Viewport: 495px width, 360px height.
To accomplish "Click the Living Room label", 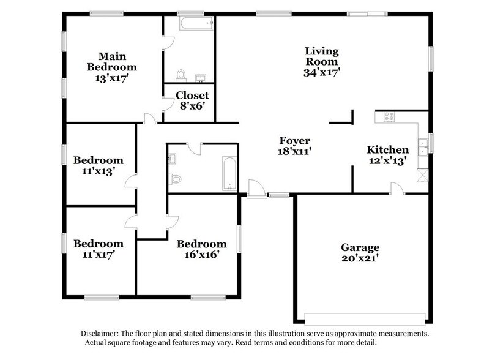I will pos(322,61).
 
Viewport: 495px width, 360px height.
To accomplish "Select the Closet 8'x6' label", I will pos(192,100).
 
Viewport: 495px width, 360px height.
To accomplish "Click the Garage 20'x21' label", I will pos(360,253).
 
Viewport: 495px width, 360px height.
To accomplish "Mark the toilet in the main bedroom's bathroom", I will pos(181,74).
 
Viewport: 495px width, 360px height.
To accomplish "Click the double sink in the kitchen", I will pos(422,145).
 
